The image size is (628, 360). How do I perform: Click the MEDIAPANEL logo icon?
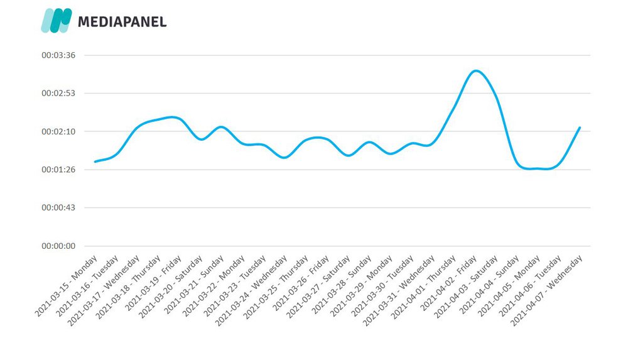(56, 21)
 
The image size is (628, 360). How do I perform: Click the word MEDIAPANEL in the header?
(122, 22)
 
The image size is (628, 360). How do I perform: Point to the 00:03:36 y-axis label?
(58, 55)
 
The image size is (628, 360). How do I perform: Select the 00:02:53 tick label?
(58, 93)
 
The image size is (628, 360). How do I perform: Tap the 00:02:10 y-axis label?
(58, 131)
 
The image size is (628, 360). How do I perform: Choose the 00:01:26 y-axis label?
(58, 170)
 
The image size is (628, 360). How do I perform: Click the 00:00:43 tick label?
(58, 207)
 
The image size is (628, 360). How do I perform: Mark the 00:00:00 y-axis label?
(58, 246)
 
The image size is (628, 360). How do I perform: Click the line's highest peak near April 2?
(476, 70)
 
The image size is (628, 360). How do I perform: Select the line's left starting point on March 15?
(95, 161)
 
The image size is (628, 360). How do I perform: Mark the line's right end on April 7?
(580, 128)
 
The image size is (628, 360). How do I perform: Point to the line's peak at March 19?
(174, 117)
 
